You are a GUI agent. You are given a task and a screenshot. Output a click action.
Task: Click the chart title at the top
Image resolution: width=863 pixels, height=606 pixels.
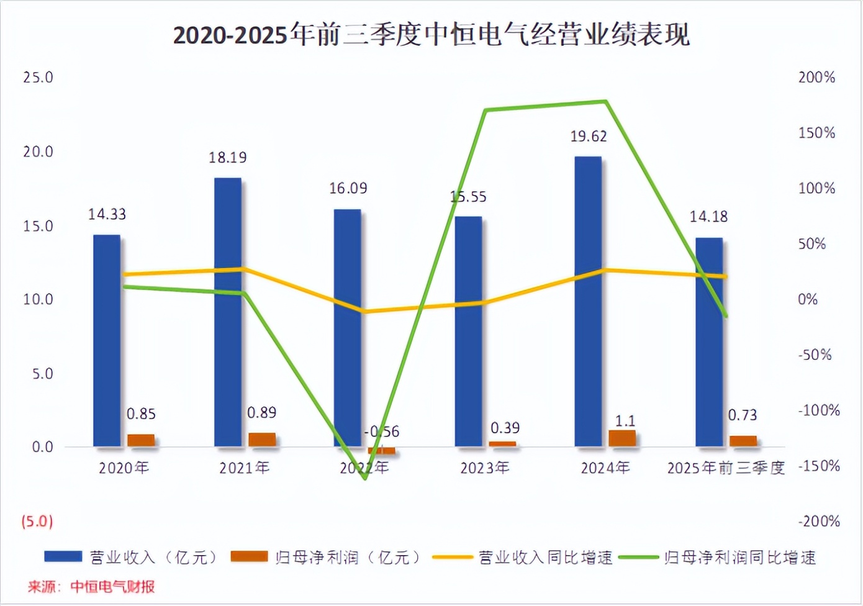(431, 35)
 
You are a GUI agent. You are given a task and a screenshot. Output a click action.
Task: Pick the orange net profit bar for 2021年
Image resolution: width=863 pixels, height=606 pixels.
(262, 440)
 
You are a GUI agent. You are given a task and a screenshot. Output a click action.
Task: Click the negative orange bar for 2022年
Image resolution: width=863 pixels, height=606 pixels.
(382, 450)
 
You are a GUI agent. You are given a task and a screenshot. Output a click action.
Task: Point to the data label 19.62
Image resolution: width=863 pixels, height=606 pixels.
(589, 136)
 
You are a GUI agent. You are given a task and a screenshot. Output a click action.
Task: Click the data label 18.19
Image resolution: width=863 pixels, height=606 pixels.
(227, 158)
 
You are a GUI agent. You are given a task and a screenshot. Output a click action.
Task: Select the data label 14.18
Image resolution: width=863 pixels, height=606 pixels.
(708, 217)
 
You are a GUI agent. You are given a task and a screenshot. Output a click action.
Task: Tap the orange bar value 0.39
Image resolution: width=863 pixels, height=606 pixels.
(505, 428)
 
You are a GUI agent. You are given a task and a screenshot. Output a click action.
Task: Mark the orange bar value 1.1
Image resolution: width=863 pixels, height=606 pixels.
(625, 421)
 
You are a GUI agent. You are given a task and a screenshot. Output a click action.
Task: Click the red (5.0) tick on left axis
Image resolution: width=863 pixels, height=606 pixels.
(37, 521)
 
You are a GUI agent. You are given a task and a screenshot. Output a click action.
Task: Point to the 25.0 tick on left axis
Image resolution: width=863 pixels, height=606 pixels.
(38, 78)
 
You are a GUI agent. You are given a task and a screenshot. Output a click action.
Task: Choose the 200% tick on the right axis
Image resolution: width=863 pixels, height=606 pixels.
(816, 78)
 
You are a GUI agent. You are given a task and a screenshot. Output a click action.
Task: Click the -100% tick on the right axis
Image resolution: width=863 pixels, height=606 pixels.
(818, 410)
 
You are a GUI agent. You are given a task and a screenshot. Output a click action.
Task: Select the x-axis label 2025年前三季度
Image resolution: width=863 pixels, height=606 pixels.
(726, 468)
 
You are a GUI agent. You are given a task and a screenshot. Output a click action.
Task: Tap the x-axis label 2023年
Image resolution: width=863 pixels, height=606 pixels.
(484, 468)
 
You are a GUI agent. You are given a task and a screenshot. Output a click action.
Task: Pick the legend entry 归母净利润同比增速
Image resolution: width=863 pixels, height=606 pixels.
(739, 557)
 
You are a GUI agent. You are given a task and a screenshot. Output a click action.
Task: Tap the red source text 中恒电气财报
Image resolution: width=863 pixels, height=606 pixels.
(112, 587)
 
